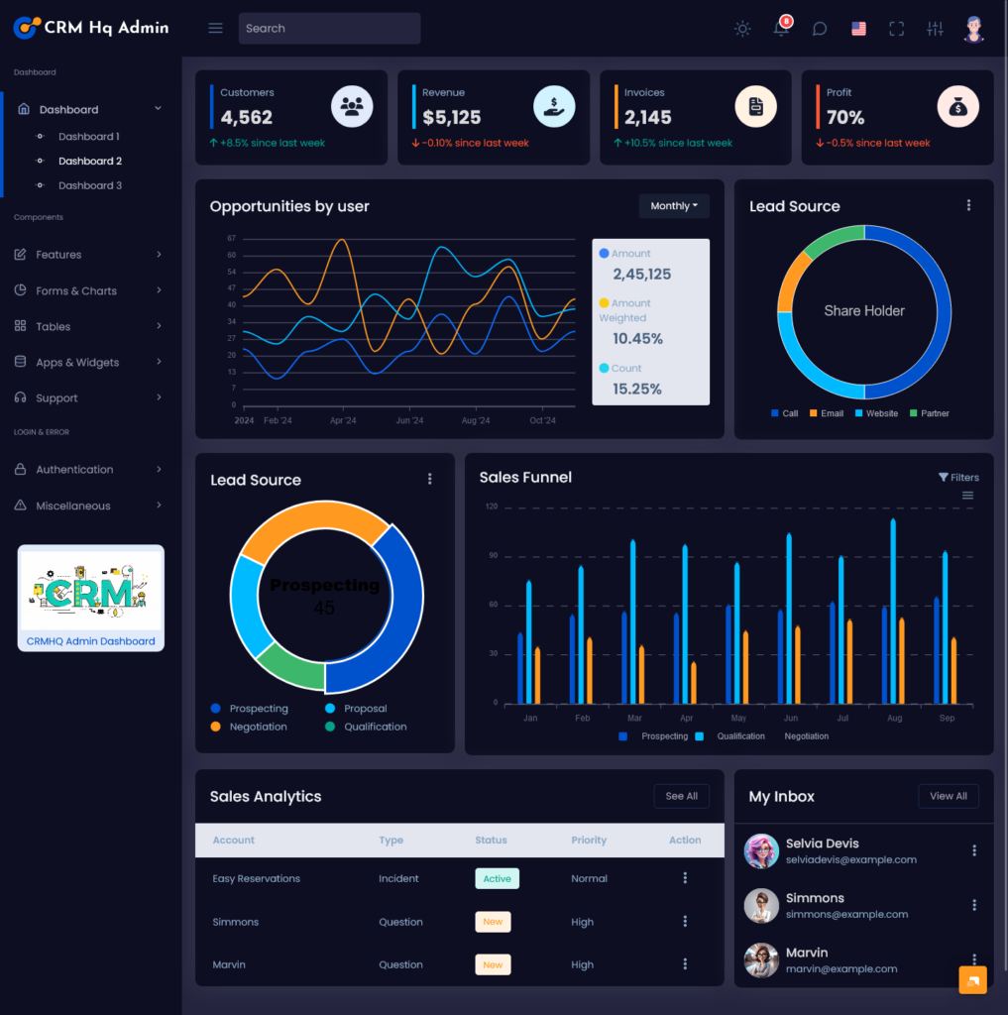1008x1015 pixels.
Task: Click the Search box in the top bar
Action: click(x=329, y=29)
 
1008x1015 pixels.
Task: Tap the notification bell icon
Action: click(x=781, y=29)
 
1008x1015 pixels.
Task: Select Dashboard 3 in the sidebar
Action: click(x=89, y=185)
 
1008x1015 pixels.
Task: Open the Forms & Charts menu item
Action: click(x=76, y=290)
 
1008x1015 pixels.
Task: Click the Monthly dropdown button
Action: click(x=674, y=206)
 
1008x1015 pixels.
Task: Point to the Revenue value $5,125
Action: click(x=451, y=117)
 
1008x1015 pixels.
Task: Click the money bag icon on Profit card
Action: click(x=957, y=107)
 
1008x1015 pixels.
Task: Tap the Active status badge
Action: click(x=497, y=878)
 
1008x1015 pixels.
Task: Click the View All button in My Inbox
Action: click(x=949, y=796)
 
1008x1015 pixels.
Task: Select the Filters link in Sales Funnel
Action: click(x=958, y=477)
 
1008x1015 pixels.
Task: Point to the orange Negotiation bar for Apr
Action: click(x=694, y=682)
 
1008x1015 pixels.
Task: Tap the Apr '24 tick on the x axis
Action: click(x=343, y=420)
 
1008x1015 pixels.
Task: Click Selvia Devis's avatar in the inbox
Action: click(x=761, y=850)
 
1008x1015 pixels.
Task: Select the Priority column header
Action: click(x=589, y=840)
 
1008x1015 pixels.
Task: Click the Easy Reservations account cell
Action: click(x=256, y=878)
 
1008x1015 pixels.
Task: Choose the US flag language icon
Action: click(x=858, y=29)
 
